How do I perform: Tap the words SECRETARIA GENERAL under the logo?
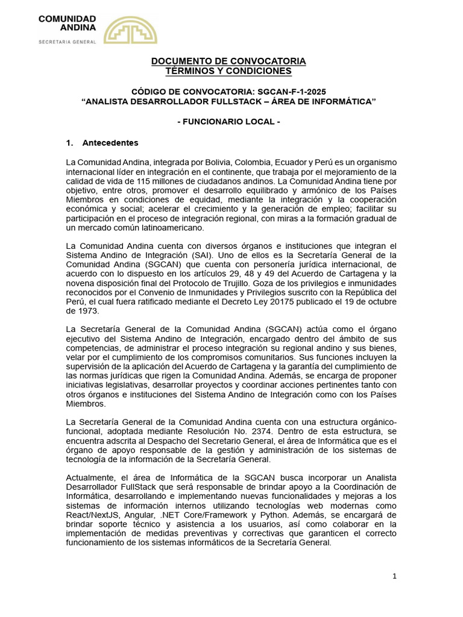67,42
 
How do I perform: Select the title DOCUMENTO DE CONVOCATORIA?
228,61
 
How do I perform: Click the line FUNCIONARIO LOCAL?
228,122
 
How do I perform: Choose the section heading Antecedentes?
110,143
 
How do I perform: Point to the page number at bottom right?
394,576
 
